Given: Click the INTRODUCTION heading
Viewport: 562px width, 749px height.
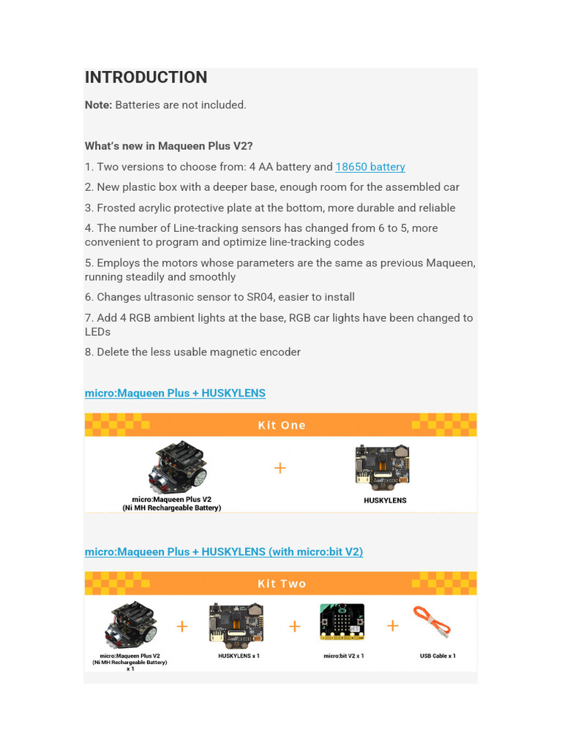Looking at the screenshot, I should [x=146, y=78].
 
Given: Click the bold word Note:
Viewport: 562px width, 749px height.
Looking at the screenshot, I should [x=98, y=105].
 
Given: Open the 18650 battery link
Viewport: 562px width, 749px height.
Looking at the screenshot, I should [x=370, y=167].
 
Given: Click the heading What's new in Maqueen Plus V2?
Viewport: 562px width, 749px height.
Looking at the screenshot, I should [x=168, y=146].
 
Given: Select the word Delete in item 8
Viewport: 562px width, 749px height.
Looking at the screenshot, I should [x=113, y=352].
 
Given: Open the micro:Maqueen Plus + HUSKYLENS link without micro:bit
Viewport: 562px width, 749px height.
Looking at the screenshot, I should [x=175, y=394].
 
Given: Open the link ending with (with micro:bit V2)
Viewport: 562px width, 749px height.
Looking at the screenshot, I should [x=224, y=552].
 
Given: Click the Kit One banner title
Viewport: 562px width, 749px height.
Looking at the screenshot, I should [x=282, y=425].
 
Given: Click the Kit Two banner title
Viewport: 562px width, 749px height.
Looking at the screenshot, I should [x=282, y=584].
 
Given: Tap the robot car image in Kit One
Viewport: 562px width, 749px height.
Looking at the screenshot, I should [x=178, y=466].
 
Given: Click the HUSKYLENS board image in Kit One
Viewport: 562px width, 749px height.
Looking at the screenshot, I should [x=383, y=465].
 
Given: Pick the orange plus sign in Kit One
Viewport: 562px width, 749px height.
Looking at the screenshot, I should [x=280, y=467].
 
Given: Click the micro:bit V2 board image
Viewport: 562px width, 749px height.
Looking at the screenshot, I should [x=342, y=622].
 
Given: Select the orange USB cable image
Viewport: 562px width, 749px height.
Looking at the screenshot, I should [x=432, y=622].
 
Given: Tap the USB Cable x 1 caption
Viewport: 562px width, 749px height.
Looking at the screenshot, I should [x=438, y=656].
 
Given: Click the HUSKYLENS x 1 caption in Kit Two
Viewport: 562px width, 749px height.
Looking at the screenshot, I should [x=239, y=656].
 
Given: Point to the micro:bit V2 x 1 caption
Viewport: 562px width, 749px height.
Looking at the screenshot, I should [x=343, y=656].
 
